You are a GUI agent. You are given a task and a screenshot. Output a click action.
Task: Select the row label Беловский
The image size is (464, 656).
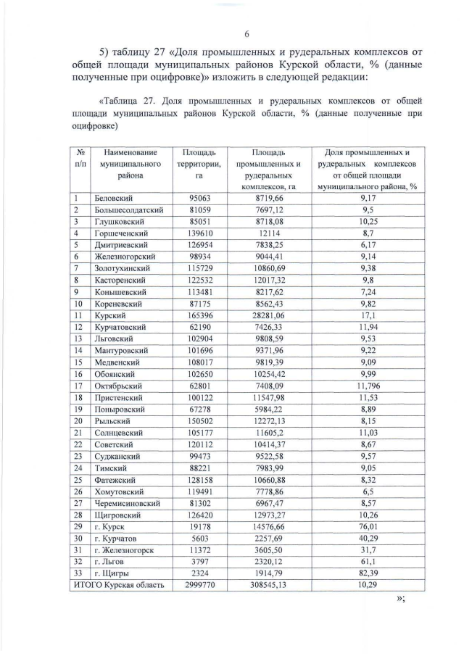[x=115, y=198]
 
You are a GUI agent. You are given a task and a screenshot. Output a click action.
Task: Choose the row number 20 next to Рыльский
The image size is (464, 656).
[x=78, y=423]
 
